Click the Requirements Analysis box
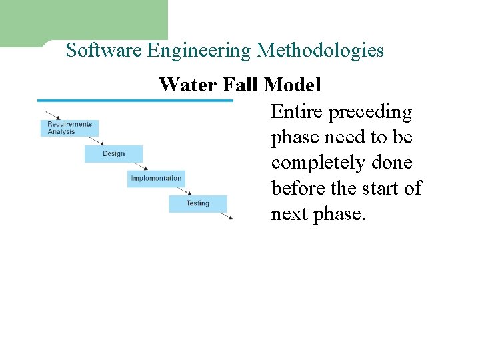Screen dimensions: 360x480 tap(70, 128)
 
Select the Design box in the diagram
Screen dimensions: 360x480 tap(113, 154)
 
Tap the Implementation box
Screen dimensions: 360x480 tap(155, 179)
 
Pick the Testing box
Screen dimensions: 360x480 tap(197, 203)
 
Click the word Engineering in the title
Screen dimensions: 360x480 tap(199, 51)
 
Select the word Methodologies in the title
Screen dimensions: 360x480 tap(320, 51)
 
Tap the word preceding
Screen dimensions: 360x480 tap(370, 112)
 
